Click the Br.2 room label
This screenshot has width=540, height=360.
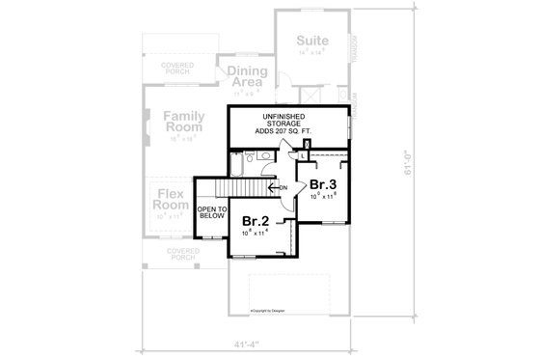click(x=255, y=220)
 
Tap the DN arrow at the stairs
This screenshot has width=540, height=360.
click(x=280, y=187)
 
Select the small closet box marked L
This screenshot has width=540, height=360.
click(x=304, y=155)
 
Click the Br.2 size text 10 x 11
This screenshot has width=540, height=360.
click(x=255, y=233)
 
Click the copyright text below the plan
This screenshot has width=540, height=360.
click(x=267, y=312)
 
